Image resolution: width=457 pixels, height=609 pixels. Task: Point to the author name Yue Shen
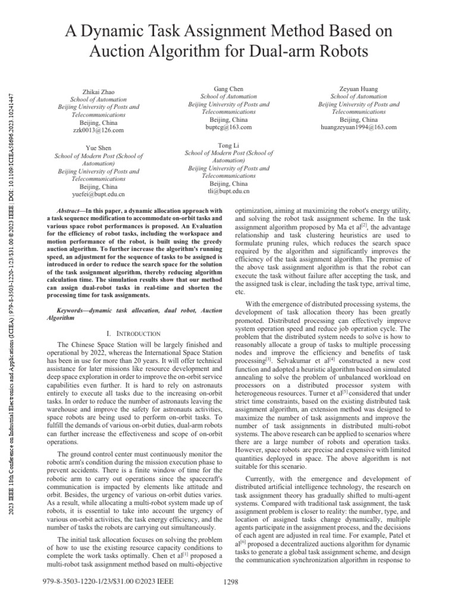pos(98,147)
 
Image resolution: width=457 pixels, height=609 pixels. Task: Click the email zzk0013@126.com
pos(99,130)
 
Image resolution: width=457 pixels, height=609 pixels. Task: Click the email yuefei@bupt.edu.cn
pos(99,194)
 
